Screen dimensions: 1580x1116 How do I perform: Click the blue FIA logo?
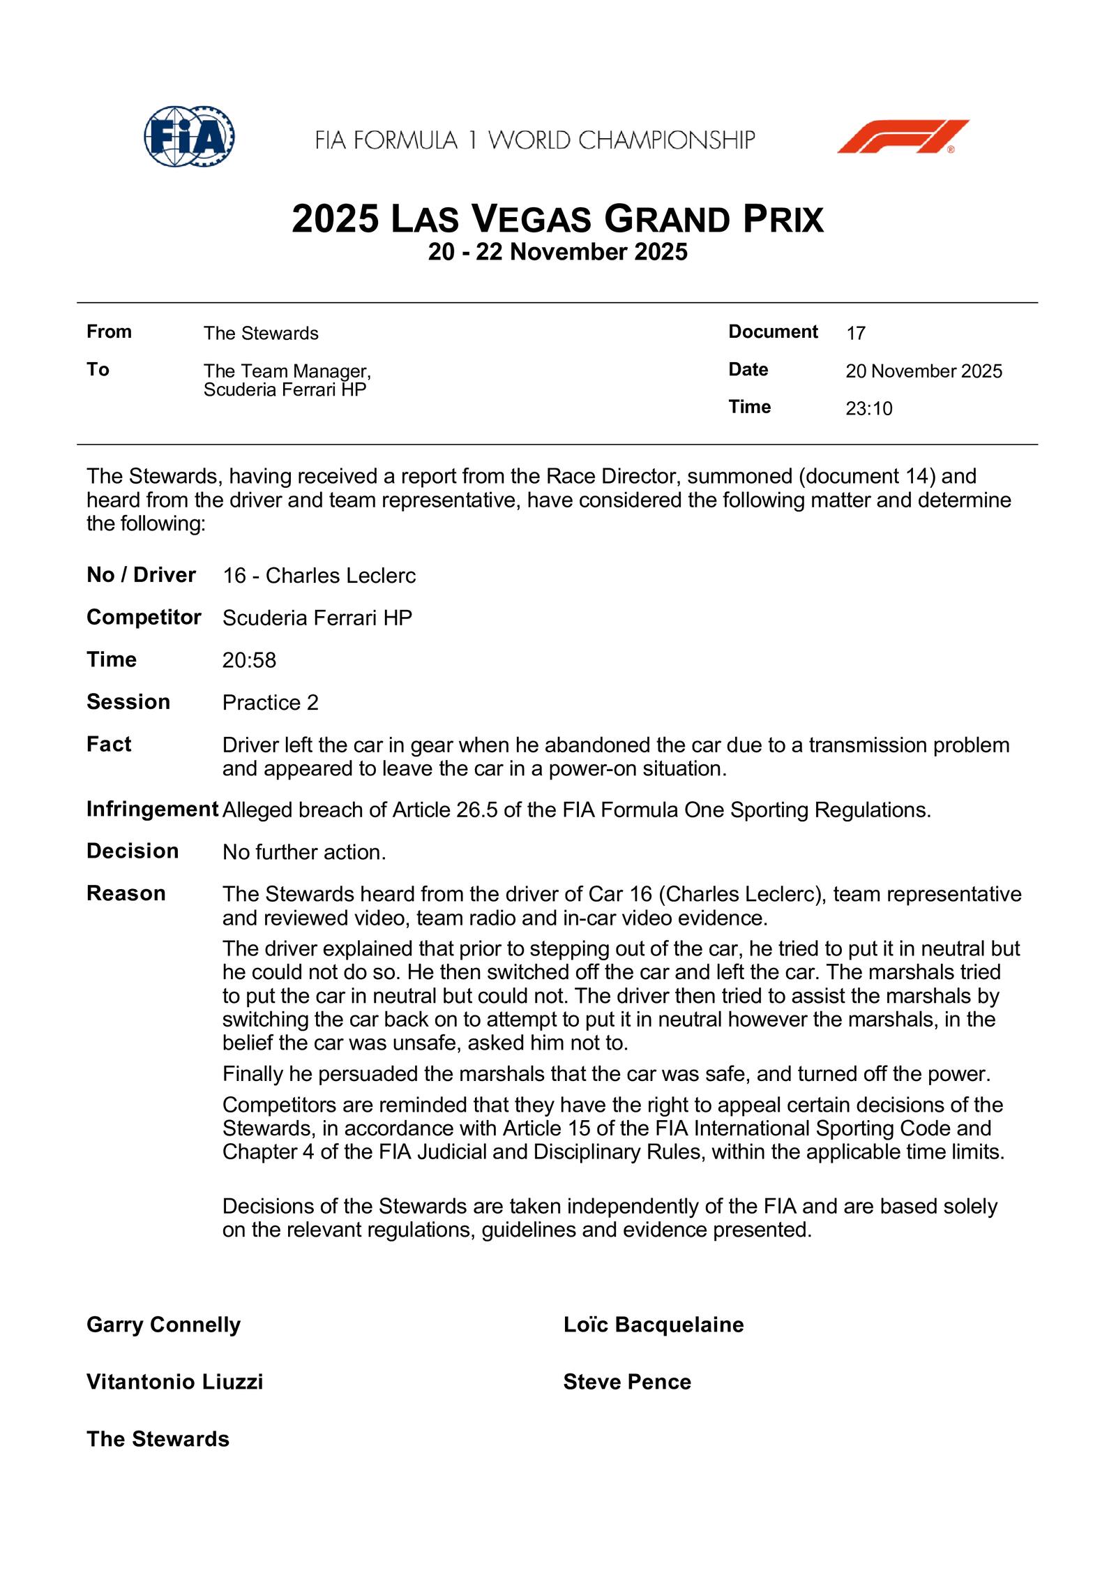click(188, 137)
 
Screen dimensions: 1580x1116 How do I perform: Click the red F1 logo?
click(903, 137)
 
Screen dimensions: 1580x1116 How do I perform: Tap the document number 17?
click(856, 334)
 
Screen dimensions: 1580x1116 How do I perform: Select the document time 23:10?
click(868, 409)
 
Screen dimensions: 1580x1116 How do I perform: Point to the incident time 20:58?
click(249, 660)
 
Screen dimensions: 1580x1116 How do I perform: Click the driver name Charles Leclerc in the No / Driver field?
click(340, 576)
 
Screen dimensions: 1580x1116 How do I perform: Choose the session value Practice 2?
click(270, 703)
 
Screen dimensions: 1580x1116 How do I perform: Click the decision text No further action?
click(303, 852)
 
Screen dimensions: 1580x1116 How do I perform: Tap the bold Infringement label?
click(152, 810)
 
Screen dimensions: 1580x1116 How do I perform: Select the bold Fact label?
click(109, 745)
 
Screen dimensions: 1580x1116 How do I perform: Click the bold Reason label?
click(126, 893)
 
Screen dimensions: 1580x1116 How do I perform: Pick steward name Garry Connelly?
click(163, 1325)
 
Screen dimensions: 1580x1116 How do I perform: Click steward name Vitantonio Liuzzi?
click(174, 1382)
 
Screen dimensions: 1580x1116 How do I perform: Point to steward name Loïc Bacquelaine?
click(653, 1325)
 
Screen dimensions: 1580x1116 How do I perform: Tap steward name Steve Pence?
click(626, 1382)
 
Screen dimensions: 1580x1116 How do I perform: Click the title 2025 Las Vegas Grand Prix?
click(557, 219)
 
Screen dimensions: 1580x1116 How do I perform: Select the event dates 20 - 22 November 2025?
click(557, 252)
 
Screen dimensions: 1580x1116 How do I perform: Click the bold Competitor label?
click(144, 618)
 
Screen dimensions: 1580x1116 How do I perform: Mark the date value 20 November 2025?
click(923, 371)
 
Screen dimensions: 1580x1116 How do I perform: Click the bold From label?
click(109, 332)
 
